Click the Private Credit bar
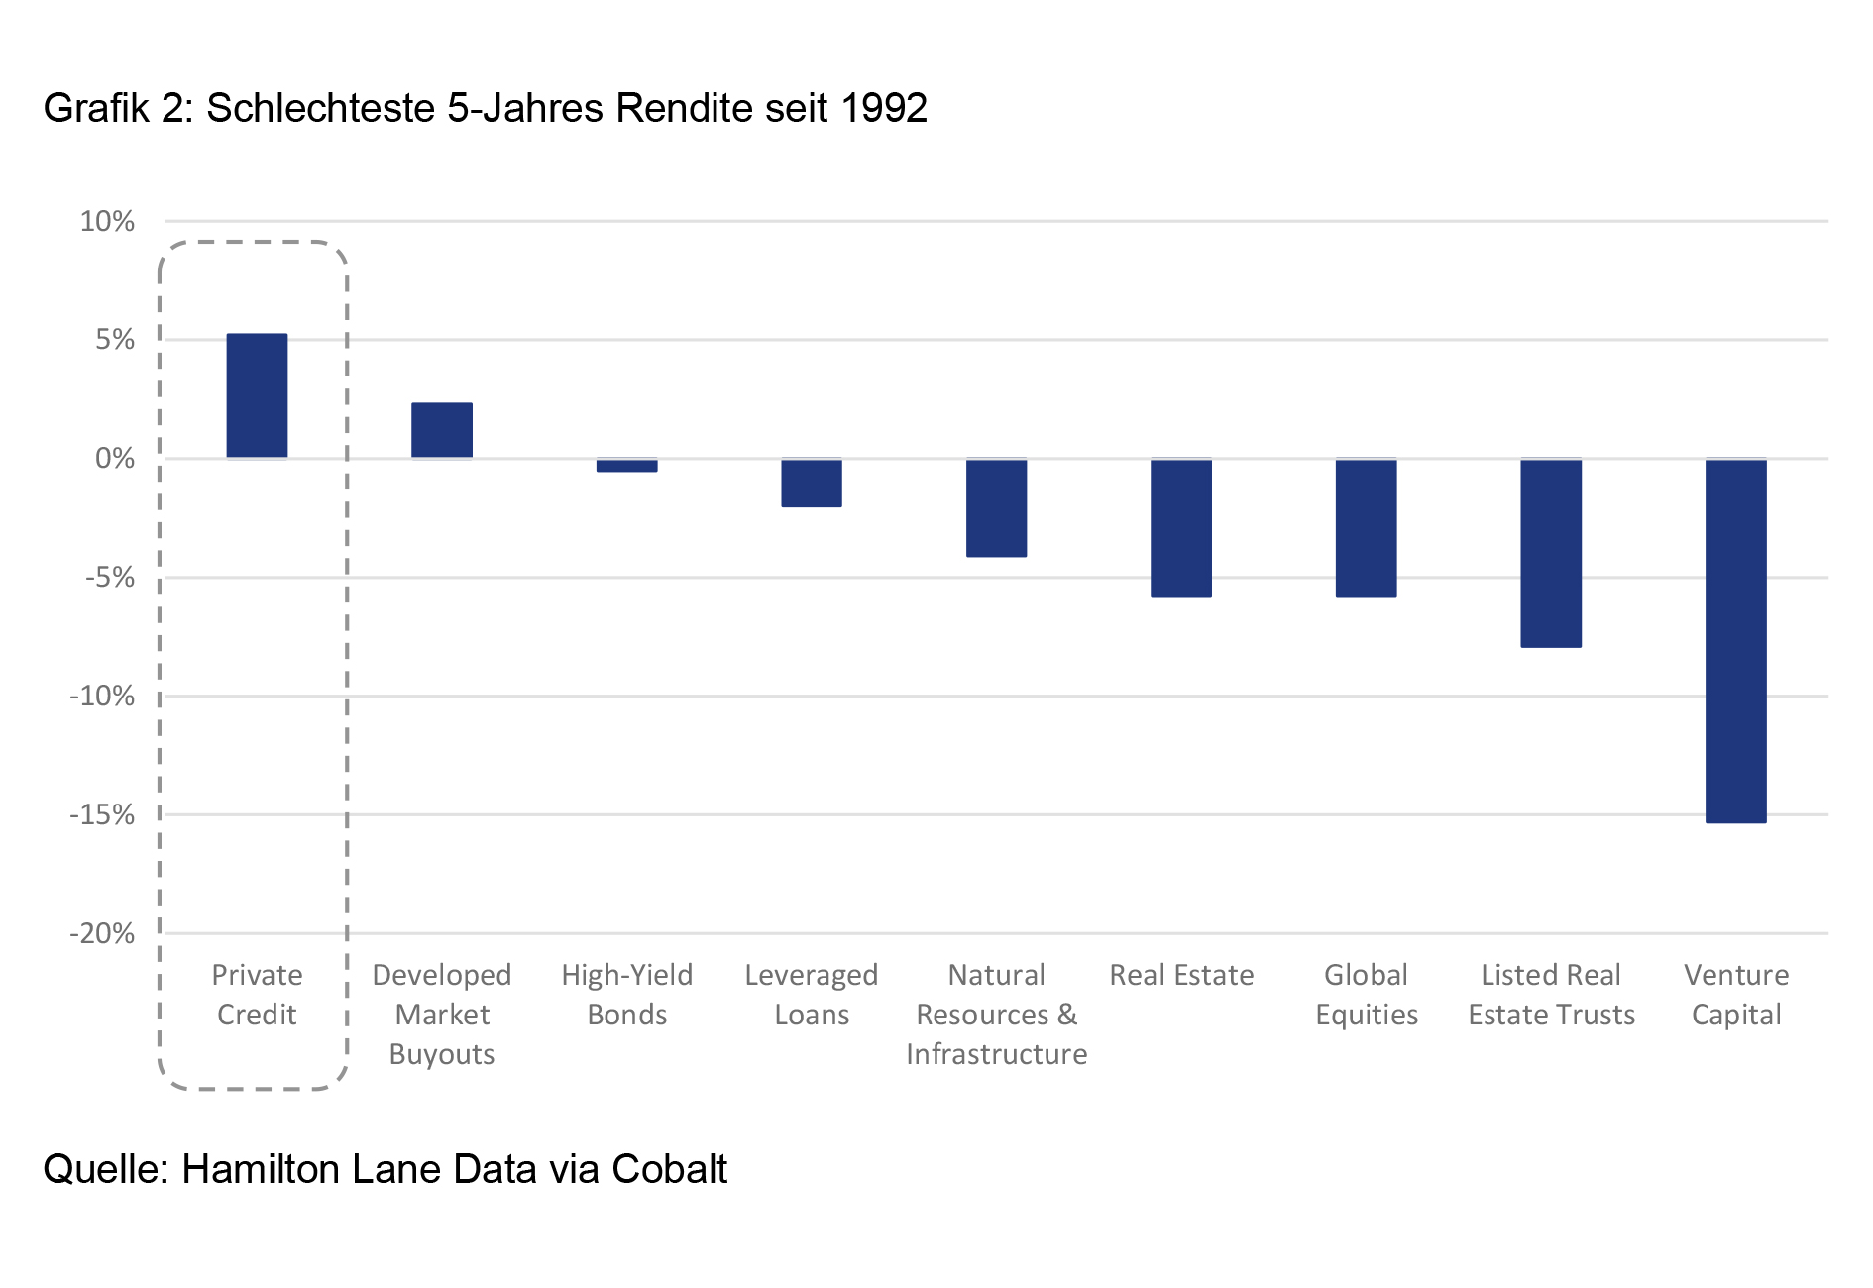(x=257, y=396)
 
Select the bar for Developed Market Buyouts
(x=442, y=430)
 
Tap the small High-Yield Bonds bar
(x=626, y=465)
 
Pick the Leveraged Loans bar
(x=812, y=483)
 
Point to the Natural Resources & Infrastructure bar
(x=996, y=507)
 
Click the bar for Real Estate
(x=1181, y=528)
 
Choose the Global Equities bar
(x=1366, y=528)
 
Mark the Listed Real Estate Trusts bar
(x=1551, y=553)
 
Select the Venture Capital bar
(x=1735, y=640)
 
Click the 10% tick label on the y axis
(x=107, y=221)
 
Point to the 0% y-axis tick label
(x=115, y=458)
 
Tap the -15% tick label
(x=102, y=814)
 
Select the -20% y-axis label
(x=102, y=933)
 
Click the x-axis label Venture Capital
(x=1736, y=995)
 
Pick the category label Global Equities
(x=1367, y=995)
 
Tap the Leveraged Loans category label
(x=812, y=995)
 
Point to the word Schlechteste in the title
(x=321, y=108)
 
